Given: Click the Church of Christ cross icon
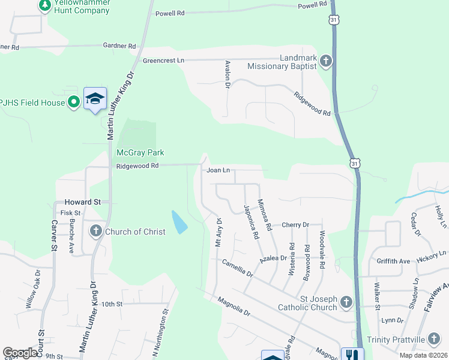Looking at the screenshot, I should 95,231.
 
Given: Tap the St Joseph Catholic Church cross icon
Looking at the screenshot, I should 346,301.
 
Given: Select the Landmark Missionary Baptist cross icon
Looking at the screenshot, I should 325,61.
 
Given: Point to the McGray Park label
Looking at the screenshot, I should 140,153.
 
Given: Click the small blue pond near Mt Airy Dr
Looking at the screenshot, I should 179,222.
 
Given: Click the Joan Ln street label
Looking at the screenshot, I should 218,170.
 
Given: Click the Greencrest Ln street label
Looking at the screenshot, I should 163,61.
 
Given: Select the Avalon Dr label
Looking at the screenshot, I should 228,74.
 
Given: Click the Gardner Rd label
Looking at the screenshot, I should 119,46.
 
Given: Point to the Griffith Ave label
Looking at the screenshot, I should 393,261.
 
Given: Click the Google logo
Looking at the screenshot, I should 20,353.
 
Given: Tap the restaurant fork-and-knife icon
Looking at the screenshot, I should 351,354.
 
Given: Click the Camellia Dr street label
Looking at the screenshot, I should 238,268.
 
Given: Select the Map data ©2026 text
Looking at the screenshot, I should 423,355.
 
